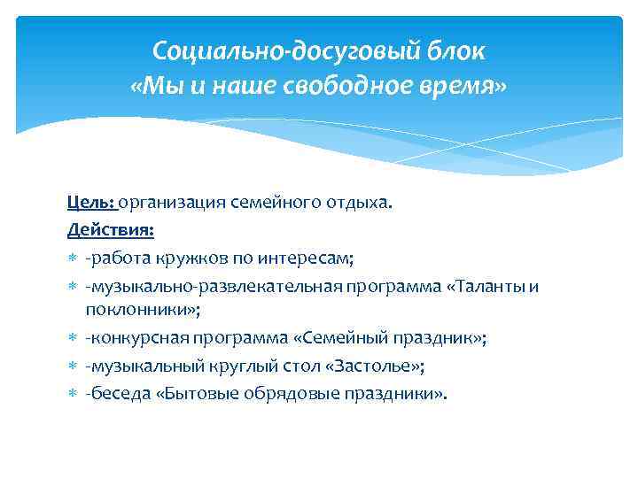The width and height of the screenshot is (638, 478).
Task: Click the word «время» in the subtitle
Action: [461, 88]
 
